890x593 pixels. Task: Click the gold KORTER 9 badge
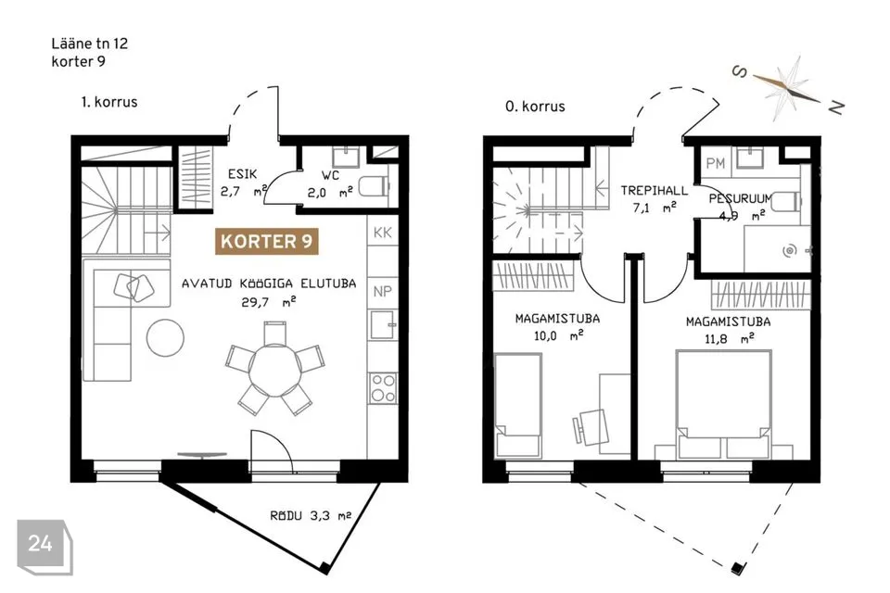click(x=266, y=241)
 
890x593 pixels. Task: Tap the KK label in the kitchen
click(x=383, y=233)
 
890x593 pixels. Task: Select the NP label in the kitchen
click(x=383, y=292)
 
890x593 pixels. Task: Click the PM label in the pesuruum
click(x=716, y=163)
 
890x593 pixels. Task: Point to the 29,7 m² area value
click(x=269, y=302)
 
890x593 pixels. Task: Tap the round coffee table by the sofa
click(x=165, y=337)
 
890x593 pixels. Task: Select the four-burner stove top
click(x=383, y=388)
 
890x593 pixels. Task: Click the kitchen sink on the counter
click(x=383, y=324)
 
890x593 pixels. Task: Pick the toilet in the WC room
click(x=375, y=186)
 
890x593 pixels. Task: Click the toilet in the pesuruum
click(x=786, y=201)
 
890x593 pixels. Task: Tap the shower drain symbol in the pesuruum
click(x=790, y=250)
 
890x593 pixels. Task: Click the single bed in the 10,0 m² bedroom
click(x=517, y=405)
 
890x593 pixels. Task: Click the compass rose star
click(x=789, y=88)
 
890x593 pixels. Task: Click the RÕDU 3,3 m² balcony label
click(x=311, y=516)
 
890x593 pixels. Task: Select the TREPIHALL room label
click(x=654, y=191)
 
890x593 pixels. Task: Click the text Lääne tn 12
click(x=90, y=44)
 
